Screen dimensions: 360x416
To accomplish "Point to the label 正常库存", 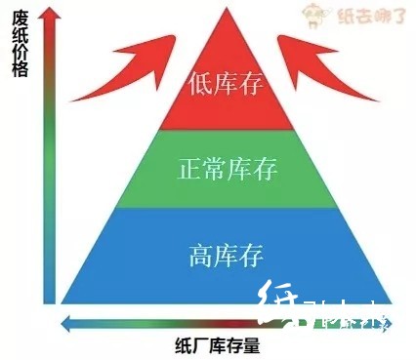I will click(x=227, y=170).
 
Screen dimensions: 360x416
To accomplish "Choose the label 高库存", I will click(x=226, y=257).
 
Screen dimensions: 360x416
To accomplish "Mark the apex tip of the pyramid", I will click(x=227, y=9).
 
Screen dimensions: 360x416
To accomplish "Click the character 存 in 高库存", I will click(x=251, y=257).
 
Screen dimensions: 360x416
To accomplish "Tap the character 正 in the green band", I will click(x=188, y=170).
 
